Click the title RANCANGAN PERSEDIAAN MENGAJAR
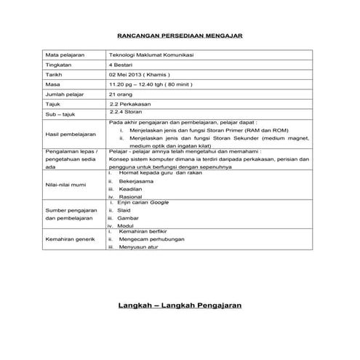180,35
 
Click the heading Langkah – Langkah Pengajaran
180,305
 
